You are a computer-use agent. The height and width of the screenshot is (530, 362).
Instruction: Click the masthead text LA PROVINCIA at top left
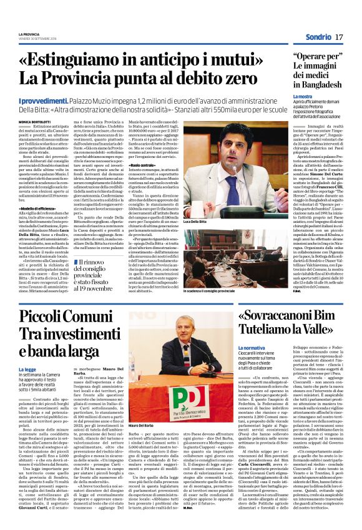pyautogui.click(x=29, y=33)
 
